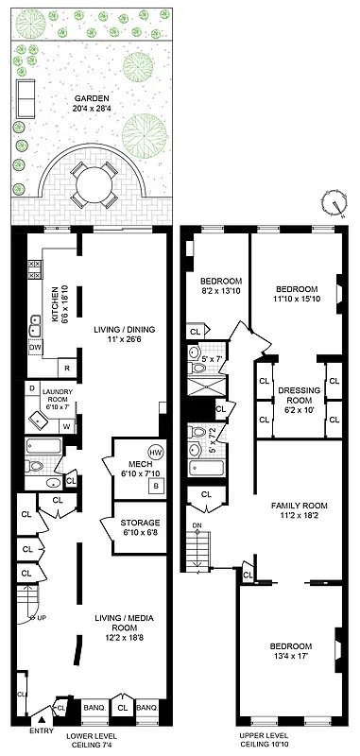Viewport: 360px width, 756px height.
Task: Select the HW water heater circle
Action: coord(156,452)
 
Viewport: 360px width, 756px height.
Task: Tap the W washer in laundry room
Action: coord(66,425)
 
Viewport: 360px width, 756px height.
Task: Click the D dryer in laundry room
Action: coord(32,388)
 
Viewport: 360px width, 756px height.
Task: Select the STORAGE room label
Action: coord(139,523)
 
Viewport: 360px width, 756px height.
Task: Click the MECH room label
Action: coord(128,463)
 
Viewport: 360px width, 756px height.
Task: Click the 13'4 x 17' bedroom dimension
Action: coord(290,655)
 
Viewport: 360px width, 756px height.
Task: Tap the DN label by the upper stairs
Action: coord(197,525)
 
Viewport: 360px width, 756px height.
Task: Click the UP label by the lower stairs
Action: coord(42,618)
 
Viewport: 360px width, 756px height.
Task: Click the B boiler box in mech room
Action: coord(155,486)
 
